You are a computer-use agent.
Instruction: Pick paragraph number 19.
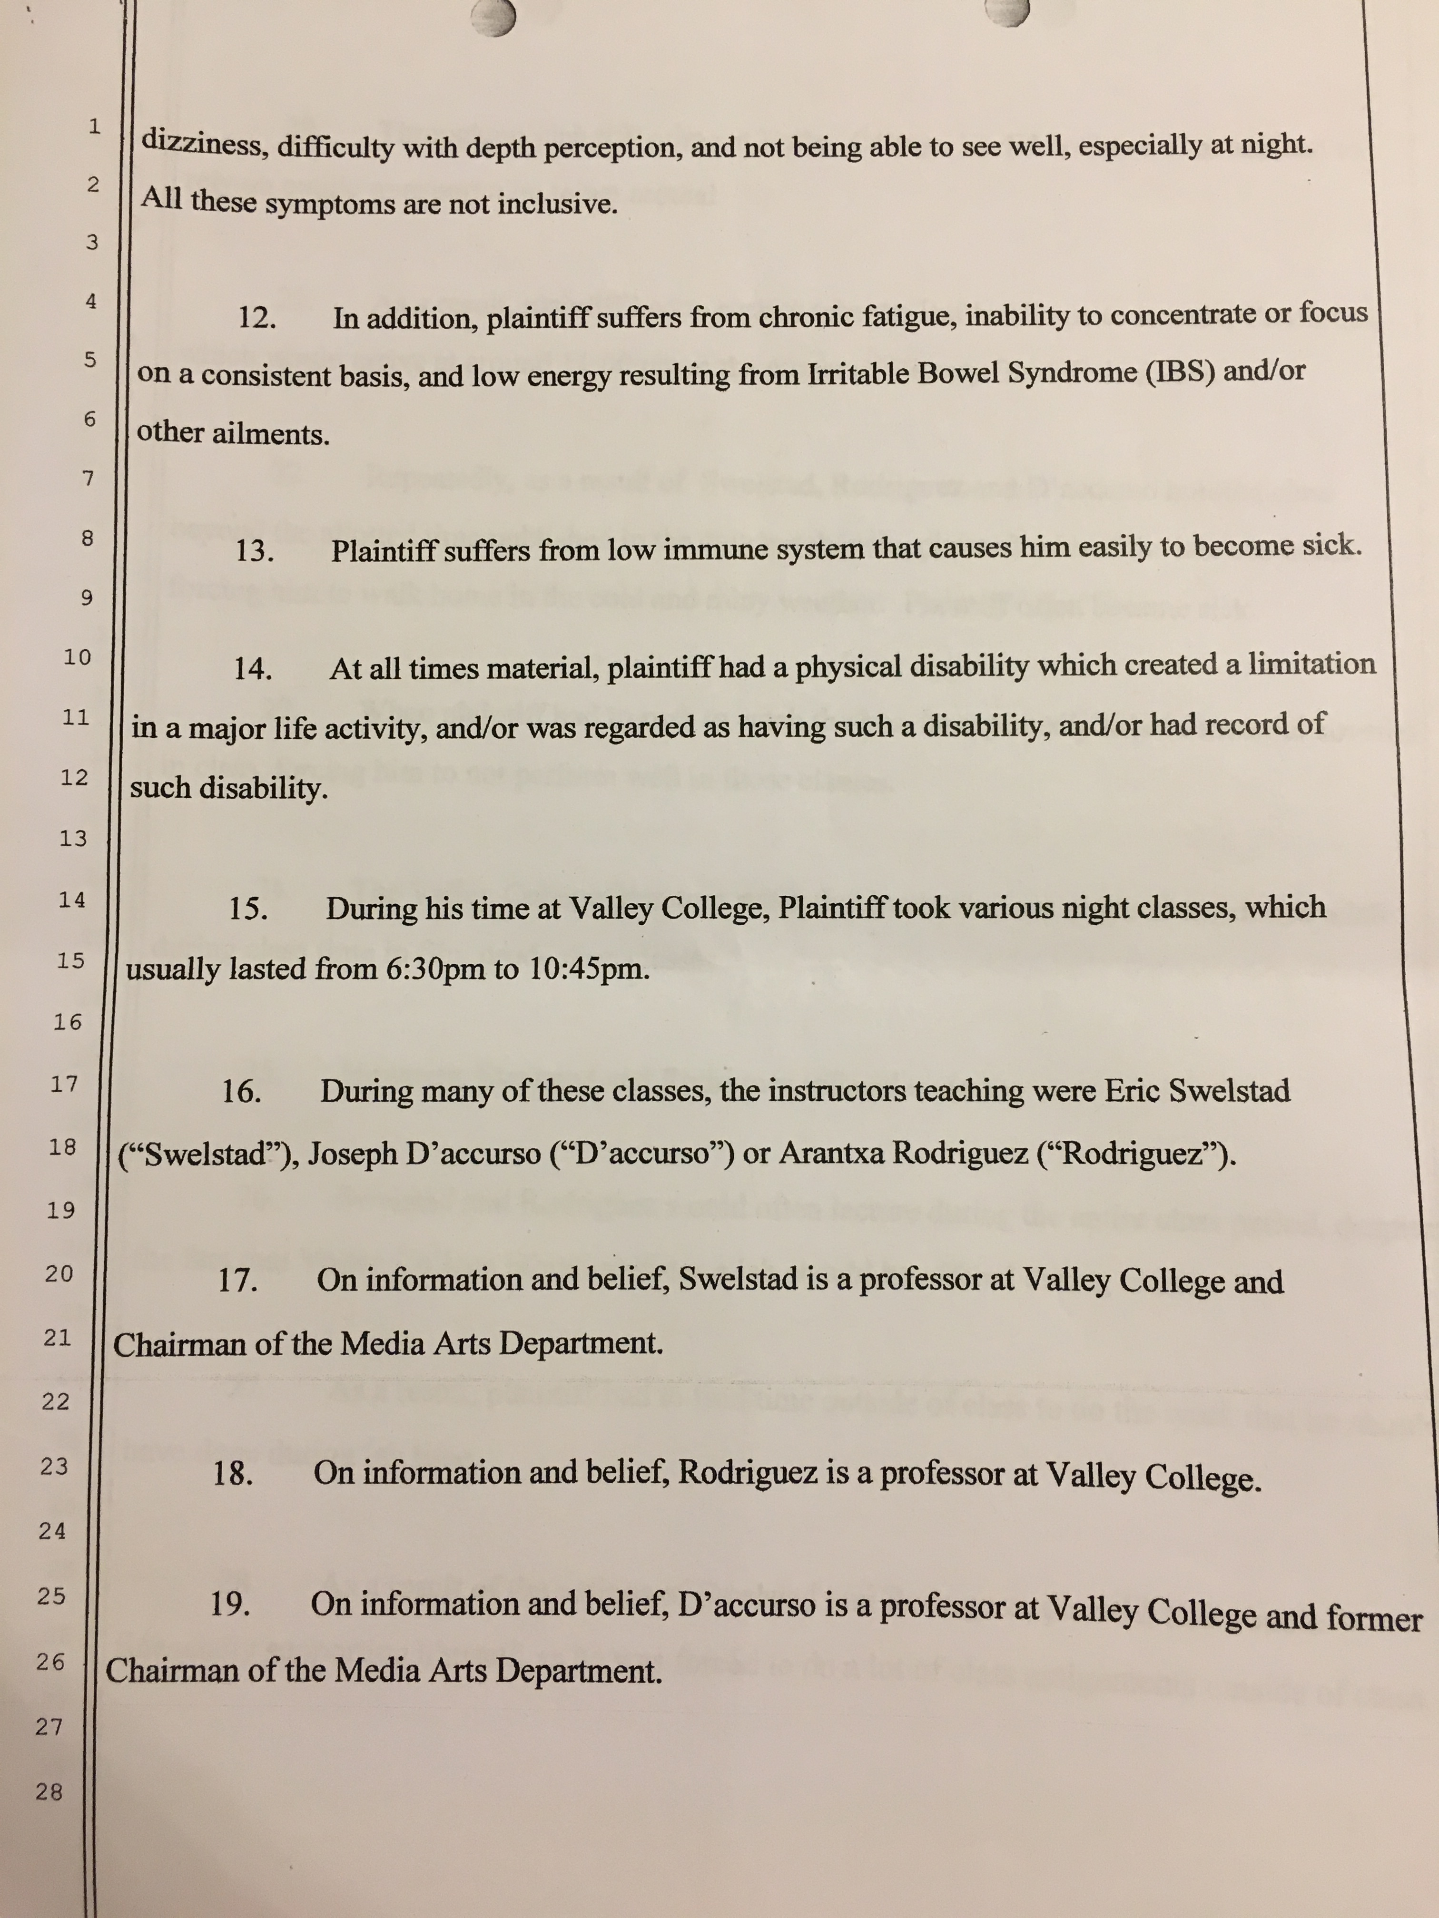tap(230, 1605)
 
